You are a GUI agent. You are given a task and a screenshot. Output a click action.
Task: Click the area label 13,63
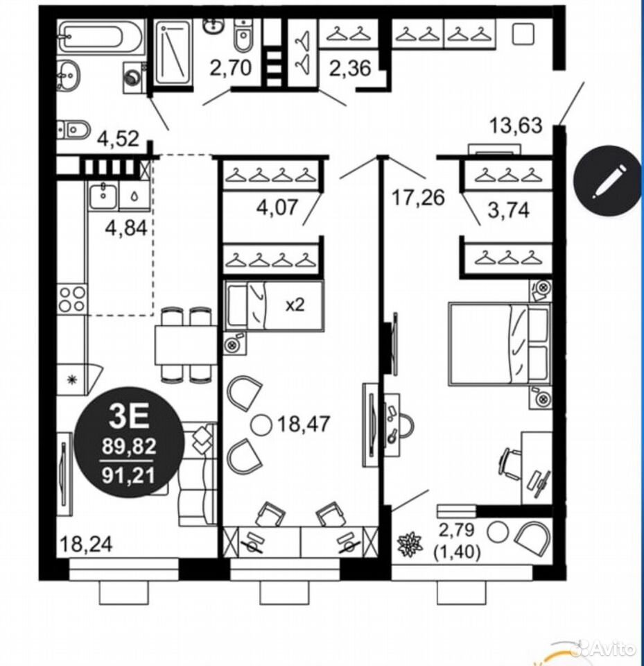516,126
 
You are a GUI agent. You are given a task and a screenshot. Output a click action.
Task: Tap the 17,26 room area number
418,198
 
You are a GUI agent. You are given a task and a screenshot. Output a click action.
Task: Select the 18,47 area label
304,424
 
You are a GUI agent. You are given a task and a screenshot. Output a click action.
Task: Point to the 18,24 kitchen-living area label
87,544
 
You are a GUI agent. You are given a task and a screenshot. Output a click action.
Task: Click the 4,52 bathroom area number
118,139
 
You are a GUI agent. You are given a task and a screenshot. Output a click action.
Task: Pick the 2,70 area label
231,68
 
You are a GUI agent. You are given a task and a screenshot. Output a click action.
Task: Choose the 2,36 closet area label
351,69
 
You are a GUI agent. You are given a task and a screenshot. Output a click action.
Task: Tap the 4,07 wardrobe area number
278,207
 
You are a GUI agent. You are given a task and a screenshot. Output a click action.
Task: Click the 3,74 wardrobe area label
509,210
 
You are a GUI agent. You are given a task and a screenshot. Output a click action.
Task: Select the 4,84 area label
126,228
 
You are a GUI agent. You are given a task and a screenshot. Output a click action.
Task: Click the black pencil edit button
607,180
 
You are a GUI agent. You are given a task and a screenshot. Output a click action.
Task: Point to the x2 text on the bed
295,305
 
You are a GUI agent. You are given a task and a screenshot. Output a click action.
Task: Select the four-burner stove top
71,299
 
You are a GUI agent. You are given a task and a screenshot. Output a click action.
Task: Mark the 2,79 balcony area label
457,530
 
